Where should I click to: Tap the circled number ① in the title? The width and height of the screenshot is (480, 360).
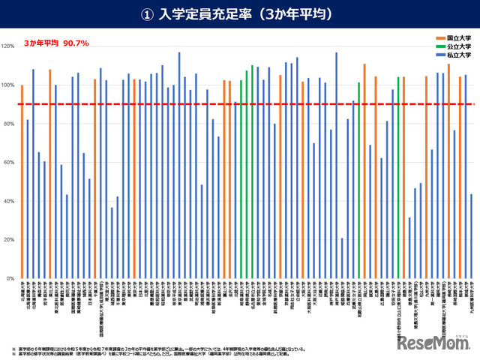147,14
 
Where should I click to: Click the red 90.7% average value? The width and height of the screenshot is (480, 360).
76,43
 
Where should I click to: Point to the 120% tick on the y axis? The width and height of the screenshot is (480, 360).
9,46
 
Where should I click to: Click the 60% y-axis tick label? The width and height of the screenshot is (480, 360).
10,163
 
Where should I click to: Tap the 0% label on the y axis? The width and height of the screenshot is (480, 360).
11,279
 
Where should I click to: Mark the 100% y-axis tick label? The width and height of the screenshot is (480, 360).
9,85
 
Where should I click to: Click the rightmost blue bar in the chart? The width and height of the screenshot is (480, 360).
471,236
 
